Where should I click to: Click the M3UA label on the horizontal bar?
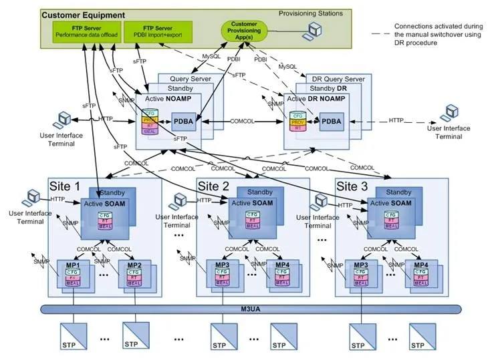click(x=251, y=309)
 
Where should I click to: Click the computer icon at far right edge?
click(x=453, y=112)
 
